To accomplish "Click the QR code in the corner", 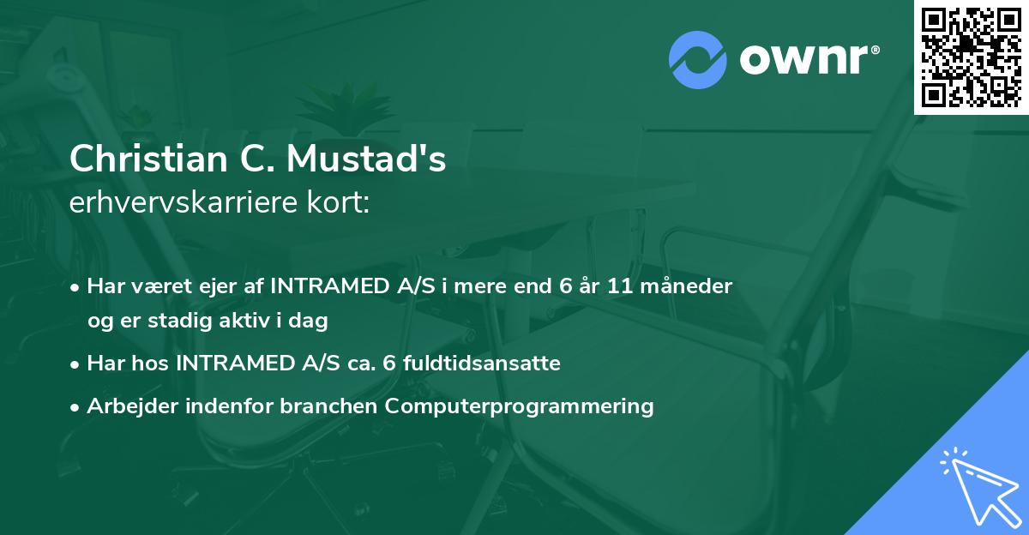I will pyautogui.click(x=971, y=57).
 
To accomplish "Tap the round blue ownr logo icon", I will pyautogui.click(x=698, y=59).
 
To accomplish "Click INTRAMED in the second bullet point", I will pyautogui.click(x=233, y=364).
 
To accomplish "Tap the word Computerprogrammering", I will pyautogui.click(x=520, y=406).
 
